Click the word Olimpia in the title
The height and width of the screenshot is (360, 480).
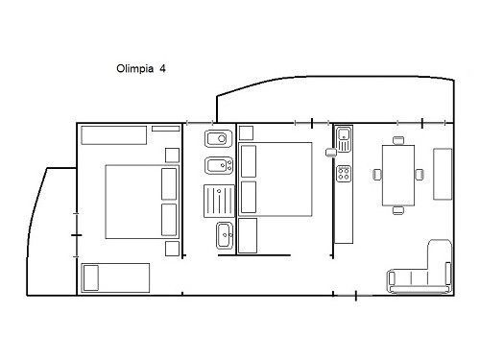[x=134, y=68]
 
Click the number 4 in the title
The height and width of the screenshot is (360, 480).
[x=162, y=68]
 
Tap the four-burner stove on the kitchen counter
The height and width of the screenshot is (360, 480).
[x=344, y=174]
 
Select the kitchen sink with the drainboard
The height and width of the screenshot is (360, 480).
[x=344, y=139]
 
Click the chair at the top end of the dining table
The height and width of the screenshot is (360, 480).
[x=398, y=140]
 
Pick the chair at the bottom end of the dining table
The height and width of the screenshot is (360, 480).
[x=398, y=210]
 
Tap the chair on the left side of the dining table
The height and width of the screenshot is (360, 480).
[x=377, y=175]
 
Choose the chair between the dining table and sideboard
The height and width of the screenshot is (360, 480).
[x=420, y=175]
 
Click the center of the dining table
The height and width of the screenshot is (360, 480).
[x=398, y=176]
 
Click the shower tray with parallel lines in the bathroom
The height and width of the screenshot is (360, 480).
[x=219, y=201]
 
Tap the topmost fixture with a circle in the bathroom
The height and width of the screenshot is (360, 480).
[x=219, y=138]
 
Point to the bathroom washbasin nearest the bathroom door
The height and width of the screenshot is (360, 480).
[x=225, y=236]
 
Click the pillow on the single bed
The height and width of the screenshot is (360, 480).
[x=90, y=277]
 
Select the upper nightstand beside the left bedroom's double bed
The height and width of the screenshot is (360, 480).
[x=172, y=156]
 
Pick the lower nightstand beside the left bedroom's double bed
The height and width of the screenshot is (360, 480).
[x=172, y=249]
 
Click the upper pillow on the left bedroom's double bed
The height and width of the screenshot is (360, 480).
[x=169, y=184]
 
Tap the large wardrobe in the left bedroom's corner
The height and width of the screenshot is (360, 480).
[x=114, y=135]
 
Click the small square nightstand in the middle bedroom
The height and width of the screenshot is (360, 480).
[x=246, y=132]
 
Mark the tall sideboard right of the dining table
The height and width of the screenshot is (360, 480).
[x=443, y=174]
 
